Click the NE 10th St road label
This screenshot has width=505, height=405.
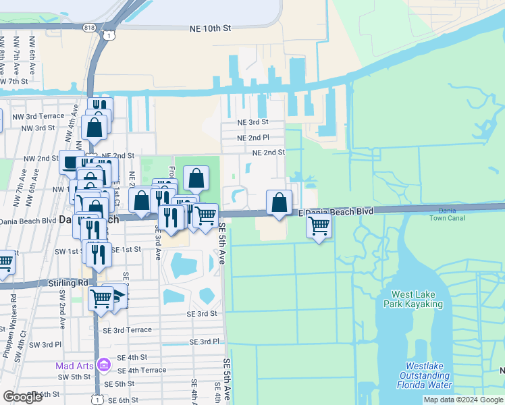pos(211,28)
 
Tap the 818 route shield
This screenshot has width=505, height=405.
pos(90,27)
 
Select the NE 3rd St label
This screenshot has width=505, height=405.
pos(252,122)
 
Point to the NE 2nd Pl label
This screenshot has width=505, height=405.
pos(252,138)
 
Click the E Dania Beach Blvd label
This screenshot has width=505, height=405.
pos(336,211)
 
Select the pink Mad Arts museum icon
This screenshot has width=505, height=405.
pos(103,365)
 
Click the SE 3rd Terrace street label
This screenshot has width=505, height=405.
pos(132,329)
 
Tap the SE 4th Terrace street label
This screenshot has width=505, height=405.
pos(142,370)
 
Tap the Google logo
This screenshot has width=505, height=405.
pos(22,396)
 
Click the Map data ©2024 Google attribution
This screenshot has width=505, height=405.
pos(462,400)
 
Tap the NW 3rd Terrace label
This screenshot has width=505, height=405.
pos(43,116)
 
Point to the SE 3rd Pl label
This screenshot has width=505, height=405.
pos(205,342)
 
